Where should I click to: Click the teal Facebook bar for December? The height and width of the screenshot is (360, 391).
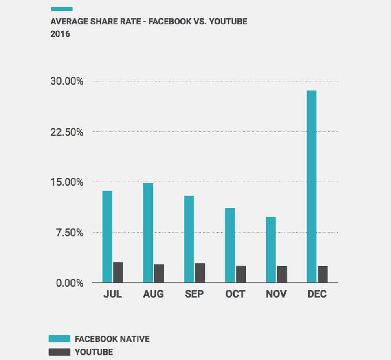[312, 187]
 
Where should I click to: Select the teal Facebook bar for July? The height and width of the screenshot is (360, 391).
[107, 237]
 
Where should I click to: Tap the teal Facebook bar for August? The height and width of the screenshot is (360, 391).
[148, 233]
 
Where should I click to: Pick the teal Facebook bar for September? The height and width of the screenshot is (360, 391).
[189, 239]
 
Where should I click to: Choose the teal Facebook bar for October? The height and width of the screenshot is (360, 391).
[230, 245]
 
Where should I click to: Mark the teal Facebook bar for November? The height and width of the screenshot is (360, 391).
[270, 250]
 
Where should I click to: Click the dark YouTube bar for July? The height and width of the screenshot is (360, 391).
[118, 272]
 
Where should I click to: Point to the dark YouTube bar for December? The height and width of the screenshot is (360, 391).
[323, 274]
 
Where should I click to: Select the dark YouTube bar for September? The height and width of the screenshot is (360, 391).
[200, 273]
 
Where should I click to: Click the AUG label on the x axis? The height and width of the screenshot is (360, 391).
[153, 294]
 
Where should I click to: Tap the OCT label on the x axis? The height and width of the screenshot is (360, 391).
[235, 294]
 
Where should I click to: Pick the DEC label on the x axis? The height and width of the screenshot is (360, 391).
[317, 294]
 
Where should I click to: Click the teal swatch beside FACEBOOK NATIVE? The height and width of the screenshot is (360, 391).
[59, 339]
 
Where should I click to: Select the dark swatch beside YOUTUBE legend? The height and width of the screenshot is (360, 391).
[59, 352]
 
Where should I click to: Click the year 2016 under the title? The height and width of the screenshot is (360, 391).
[60, 34]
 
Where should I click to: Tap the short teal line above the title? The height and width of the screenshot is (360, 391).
[62, 9]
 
